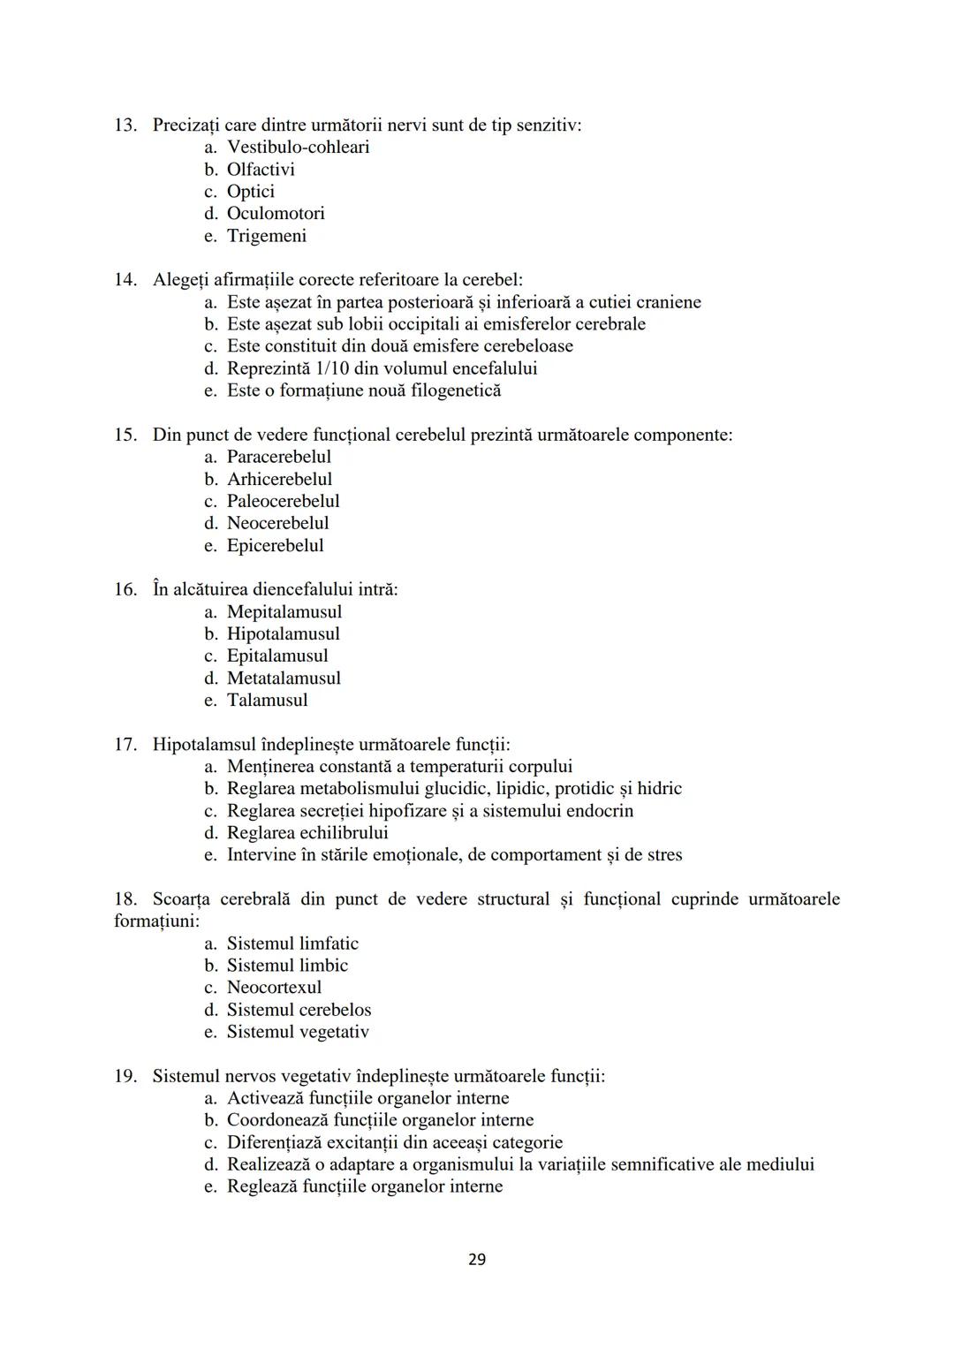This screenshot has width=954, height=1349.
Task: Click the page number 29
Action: [x=476, y=1259]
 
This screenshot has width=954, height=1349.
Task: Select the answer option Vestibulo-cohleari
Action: [x=298, y=147]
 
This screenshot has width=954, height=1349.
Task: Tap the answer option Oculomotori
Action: [x=276, y=213]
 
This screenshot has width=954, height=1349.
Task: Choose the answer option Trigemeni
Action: [x=267, y=236]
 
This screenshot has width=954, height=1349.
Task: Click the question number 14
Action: [x=125, y=280]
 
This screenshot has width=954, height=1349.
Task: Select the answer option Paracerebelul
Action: [x=279, y=457]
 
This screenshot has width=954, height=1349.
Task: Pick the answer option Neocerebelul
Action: [x=277, y=523]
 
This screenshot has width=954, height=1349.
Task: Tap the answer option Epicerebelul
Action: [x=275, y=545]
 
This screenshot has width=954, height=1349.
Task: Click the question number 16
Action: [x=125, y=589]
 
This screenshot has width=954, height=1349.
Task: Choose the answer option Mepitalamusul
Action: [x=284, y=611]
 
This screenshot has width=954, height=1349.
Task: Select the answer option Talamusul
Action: [x=267, y=700]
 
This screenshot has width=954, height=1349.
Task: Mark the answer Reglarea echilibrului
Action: [x=307, y=832]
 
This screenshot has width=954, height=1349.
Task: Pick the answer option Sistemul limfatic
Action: [x=292, y=944]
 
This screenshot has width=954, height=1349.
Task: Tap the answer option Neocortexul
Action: [x=274, y=988]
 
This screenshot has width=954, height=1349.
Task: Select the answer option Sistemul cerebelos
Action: [x=299, y=1010]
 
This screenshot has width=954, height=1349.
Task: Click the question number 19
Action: [x=125, y=1076]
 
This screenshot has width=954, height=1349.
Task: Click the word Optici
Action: [x=251, y=191]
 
